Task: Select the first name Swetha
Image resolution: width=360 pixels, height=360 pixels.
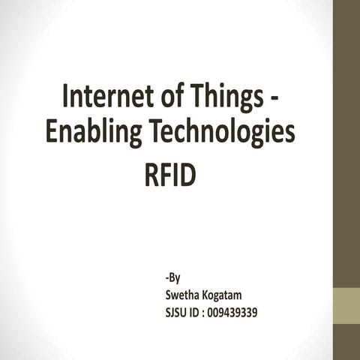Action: click(x=182, y=295)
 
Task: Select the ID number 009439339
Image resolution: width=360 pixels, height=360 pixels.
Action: click(x=236, y=311)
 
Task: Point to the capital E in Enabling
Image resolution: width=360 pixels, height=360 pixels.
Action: click(x=51, y=133)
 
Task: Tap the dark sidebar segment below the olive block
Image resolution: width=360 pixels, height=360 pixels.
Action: click(x=346, y=342)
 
